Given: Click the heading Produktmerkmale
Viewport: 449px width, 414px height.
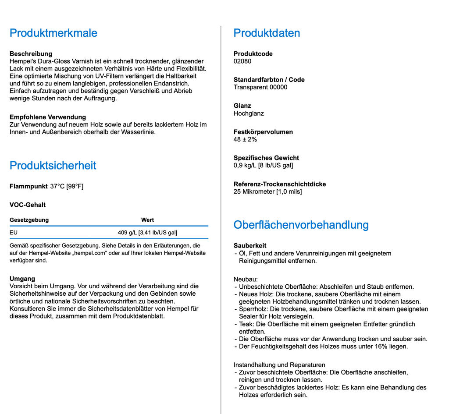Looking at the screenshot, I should point(53,33).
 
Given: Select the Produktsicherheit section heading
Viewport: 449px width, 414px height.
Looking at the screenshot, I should point(53,166).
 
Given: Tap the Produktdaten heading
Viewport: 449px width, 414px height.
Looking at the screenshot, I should point(267,33).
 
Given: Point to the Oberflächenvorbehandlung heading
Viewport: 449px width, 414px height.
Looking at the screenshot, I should point(301,225).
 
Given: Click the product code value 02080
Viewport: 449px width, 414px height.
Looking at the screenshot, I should point(242,61).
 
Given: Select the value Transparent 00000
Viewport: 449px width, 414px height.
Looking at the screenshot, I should point(260,87).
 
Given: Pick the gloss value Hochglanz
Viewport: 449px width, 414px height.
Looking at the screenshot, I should point(249,113).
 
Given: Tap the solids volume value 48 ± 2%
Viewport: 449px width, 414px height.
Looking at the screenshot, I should point(245,139).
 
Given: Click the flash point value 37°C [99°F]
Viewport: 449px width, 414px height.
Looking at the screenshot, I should point(67,187).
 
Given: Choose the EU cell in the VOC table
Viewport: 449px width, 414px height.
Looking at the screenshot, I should point(14,233).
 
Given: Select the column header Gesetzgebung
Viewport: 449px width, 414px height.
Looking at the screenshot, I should point(29,220).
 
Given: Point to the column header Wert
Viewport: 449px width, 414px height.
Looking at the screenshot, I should point(147,220).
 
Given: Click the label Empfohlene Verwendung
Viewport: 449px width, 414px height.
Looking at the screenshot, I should point(48,117).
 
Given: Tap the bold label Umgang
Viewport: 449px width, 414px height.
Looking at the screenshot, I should point(22,279).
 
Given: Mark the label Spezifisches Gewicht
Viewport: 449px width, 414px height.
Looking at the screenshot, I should point(266,158).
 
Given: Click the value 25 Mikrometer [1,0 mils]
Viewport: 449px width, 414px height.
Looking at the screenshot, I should point(267,191).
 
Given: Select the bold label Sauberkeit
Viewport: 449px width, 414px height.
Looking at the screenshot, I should point(250,246).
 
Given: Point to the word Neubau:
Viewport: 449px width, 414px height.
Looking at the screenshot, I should point(246,279).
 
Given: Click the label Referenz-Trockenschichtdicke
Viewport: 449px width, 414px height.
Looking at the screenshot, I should point(280,184).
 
